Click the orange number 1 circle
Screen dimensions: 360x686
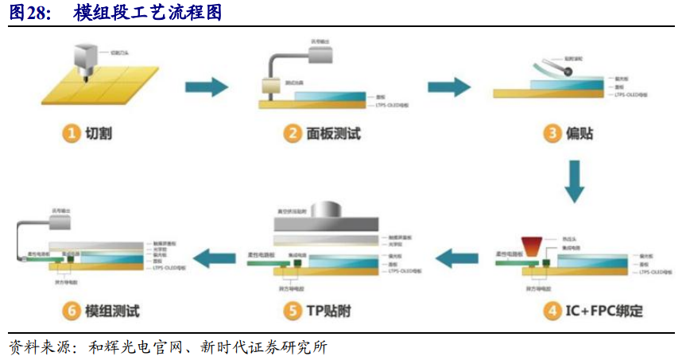point(72,134)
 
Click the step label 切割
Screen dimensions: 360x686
point(99,134)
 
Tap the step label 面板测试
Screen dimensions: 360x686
point(333,134)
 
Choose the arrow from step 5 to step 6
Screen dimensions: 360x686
point(216,256)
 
